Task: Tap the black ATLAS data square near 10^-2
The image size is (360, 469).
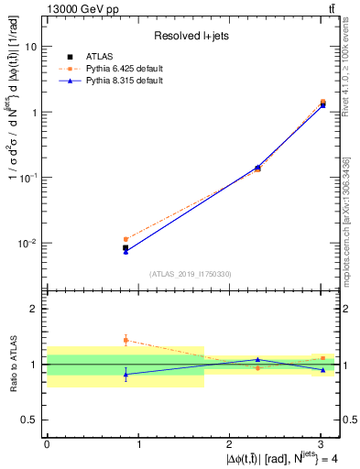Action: pyautogui.click(x=125, y=247)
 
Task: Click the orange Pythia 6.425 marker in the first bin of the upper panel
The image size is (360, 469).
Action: pyautogui.click(x=125, y=239)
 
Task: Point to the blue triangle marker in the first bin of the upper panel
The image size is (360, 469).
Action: pyautogui.click(x=125, y=251)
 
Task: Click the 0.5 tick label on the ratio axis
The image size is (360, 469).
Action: pyautogui.click(x=31, y=420)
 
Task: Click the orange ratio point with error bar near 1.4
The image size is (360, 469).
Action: pyautogui.click(x=125, y=340)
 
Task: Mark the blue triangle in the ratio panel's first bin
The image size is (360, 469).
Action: pyautogui.click(x=125, y=374)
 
